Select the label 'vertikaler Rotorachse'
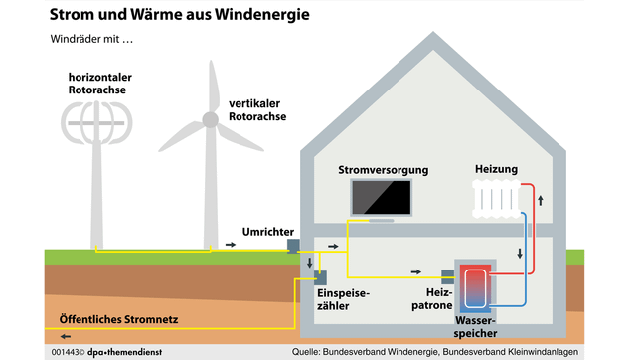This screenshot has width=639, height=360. tap(257, 109)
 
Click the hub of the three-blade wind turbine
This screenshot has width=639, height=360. tap(210, 119)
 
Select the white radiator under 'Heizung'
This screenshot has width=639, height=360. tap(494, 200)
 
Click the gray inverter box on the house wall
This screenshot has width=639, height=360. tap(294, 246)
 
